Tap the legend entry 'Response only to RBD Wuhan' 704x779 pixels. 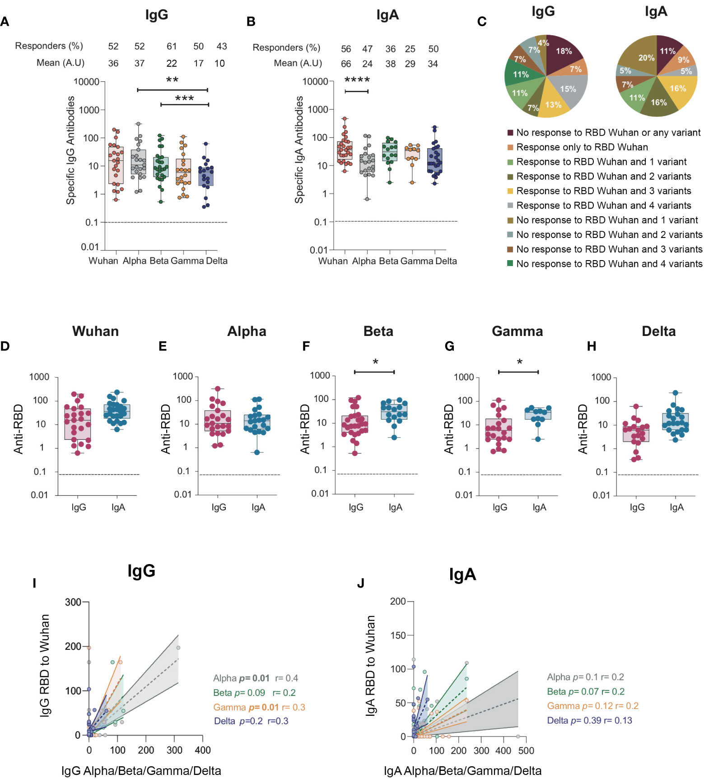[582, 147]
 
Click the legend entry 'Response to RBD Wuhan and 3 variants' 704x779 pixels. [603, 191]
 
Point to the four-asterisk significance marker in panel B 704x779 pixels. [357, 80]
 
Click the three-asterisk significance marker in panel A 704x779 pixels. [184, 99]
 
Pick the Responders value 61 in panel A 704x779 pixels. [172, 46]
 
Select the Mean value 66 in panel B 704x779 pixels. [346, 64]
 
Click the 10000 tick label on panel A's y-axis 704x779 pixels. [86, 82]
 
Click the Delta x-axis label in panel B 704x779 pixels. [446, 261]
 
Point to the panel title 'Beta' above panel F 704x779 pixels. [378, 331]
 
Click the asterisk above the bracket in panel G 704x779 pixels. [520, 362]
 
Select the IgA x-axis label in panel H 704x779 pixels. [676, 507]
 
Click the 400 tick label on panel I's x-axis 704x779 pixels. [203, 750]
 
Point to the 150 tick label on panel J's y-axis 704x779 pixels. [398, 635]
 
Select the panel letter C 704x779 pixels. [482, 22]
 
